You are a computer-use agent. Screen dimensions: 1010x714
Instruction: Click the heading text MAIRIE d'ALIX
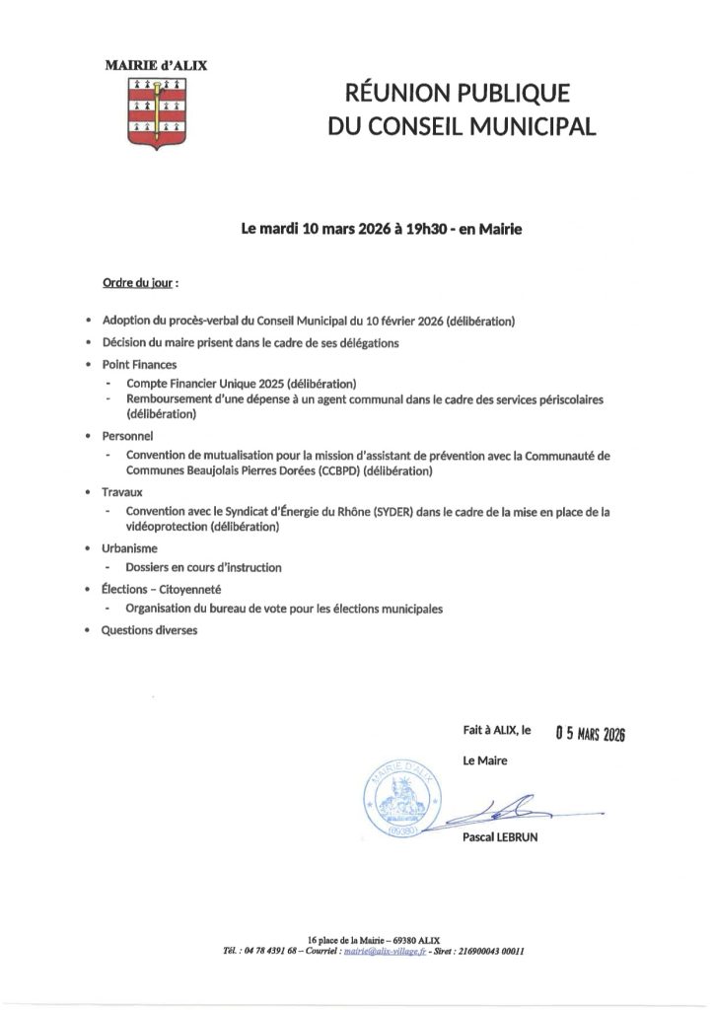(x=157, y=65)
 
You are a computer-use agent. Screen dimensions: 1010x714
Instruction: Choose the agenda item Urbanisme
(x=129, y=547)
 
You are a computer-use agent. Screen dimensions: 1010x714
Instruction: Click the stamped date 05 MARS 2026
(x=592, y=734)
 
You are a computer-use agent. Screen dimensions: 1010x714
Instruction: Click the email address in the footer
(x=390, y=953)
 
